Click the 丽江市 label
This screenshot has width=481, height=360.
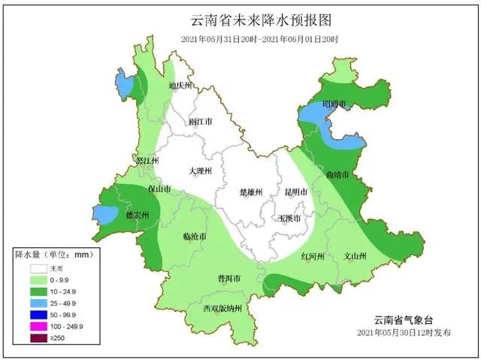[200, 121]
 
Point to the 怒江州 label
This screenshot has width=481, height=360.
[147, 161]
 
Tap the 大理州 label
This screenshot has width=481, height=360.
[200, 171]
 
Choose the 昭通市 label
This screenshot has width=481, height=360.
[334, 104]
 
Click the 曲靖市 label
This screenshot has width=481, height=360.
[338, 174]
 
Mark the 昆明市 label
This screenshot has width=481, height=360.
[296, 192]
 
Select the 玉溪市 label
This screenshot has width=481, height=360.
[289, 218]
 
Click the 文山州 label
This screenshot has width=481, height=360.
[355, 256]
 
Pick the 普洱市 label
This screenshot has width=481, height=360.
[228, 279]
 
